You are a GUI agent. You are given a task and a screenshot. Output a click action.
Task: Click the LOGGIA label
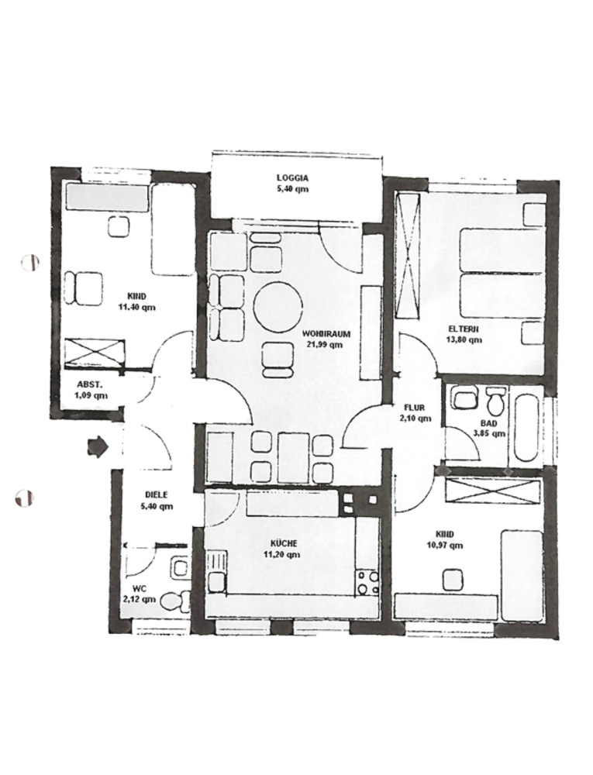[x=292, y=177]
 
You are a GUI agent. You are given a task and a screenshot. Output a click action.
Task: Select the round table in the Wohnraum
[x=278, y=308]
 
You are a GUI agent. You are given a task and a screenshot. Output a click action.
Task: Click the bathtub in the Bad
[x=526, y=427]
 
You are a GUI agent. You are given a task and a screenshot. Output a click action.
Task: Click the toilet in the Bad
[x=495, y=401]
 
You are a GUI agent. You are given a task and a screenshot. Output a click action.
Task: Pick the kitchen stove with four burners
[x=367, y=584]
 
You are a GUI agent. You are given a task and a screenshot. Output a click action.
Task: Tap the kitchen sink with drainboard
[x=216, y=571]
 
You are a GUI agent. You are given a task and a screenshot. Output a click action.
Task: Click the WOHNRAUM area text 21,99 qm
[x=325, y=345]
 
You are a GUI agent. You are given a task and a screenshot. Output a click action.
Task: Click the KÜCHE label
[x=282, y=543]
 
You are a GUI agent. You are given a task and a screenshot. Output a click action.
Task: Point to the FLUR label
[x=414, y=408]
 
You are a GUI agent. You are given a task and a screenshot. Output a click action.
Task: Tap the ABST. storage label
[x=89, y=384]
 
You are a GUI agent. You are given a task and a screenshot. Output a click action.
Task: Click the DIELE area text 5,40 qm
[x=157, y=506]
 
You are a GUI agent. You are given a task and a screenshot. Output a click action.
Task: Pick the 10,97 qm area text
[x=445, y=545]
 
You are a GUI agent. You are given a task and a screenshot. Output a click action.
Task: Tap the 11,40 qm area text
[x=137, y=307]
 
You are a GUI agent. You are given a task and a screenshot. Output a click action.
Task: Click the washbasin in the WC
[x=179, y=567]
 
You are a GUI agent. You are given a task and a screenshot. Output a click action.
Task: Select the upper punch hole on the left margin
[x=30, y=262]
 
